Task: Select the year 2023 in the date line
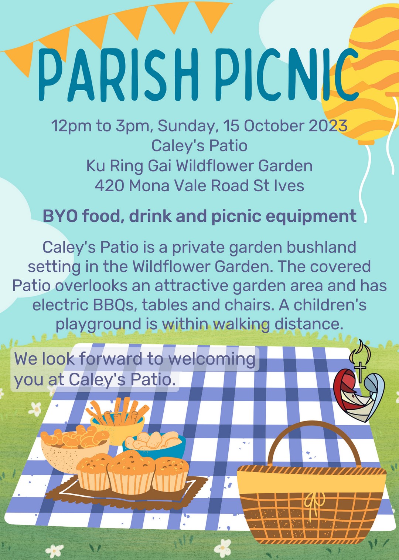[x=328, y=126]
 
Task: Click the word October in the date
[x=274, y=126]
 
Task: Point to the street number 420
[x=109, y=185]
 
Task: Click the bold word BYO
[x=60, y=216]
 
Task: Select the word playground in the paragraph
[x=98, y=324]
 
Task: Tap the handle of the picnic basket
[x=314, y=437]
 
